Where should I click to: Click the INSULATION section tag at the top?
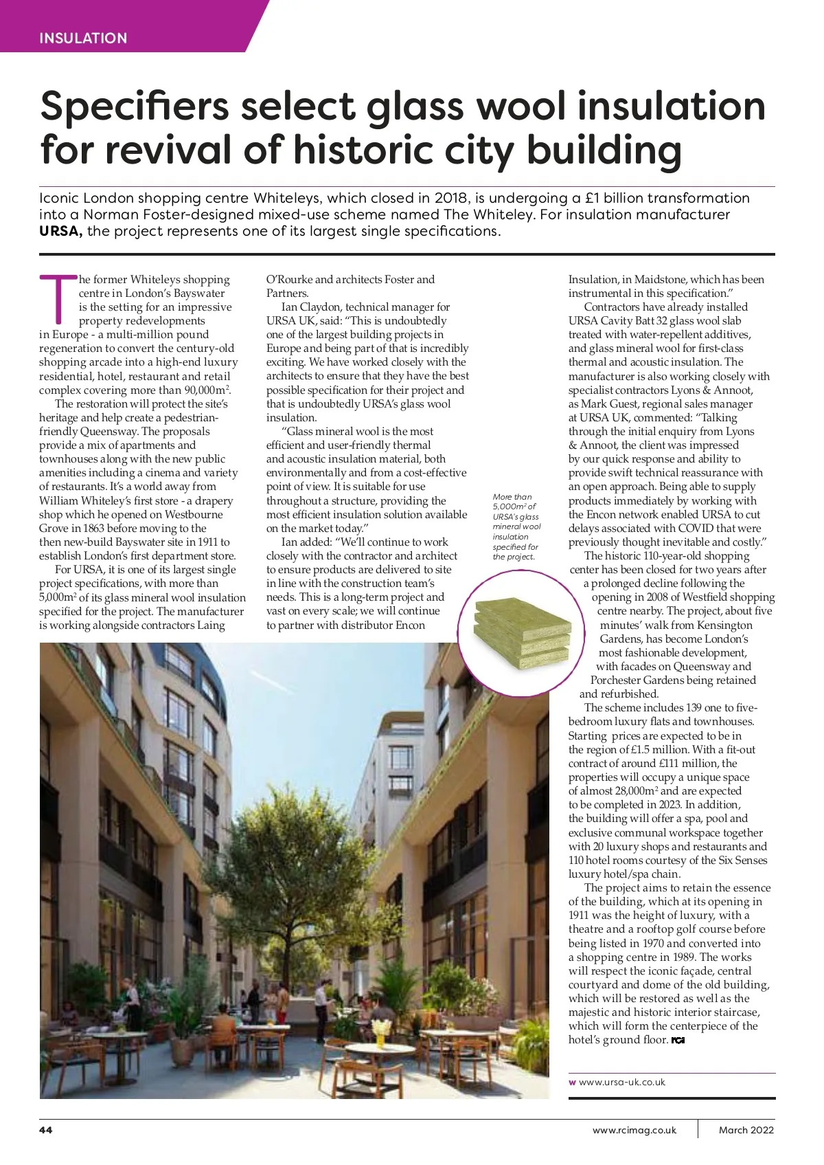83,38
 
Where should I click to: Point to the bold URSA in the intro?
61,231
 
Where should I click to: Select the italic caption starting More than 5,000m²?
516,526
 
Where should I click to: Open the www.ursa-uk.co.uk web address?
621,1082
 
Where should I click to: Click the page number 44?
46,1130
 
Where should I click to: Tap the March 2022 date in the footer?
746,1130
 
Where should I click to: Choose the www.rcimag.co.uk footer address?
634,1130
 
